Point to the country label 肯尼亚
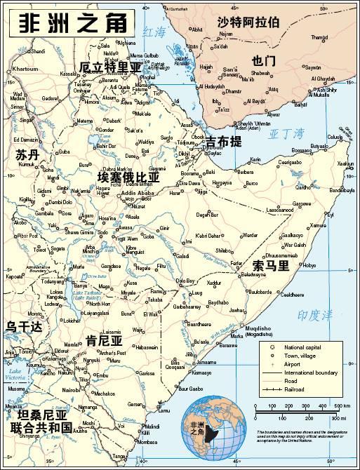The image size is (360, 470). point(104,341)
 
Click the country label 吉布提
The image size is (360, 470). point(224,142)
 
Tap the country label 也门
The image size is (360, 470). point(263,61)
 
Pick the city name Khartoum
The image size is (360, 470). point(25,69)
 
